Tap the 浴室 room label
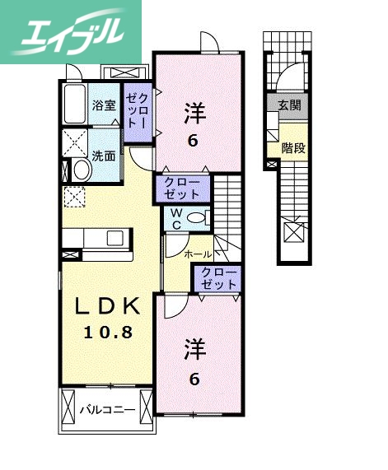coord(104,105)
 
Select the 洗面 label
coord(103,156)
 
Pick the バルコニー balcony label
coord(107,407)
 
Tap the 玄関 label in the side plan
coord(289,105)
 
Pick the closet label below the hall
coord(217,278)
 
